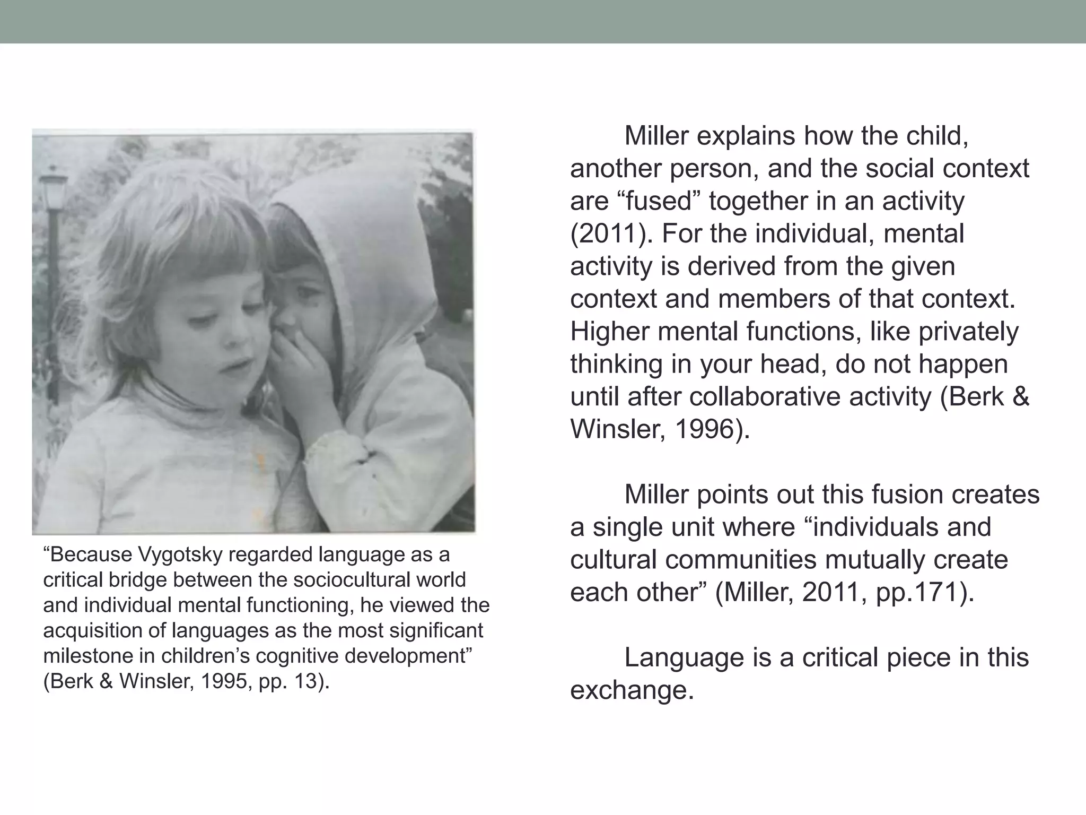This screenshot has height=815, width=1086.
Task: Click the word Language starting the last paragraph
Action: [x=684, y=658]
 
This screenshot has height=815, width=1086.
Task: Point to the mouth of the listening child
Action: [x=233, y=366]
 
